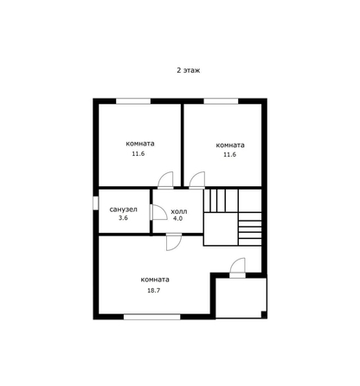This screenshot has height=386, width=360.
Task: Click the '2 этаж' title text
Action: (189, 70)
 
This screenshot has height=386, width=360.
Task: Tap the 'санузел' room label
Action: (123, 209)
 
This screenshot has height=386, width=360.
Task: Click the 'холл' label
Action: (179, 211)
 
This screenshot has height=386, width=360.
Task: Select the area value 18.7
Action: (154, 291)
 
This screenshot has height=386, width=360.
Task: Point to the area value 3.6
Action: (123, 218)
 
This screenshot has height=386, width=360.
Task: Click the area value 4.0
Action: (177, 218)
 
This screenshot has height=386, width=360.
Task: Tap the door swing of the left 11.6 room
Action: (165, 180)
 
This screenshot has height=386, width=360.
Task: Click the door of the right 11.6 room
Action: (197, 180)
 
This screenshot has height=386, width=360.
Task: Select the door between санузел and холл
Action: (158, 212)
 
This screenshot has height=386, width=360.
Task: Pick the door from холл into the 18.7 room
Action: (174, 242)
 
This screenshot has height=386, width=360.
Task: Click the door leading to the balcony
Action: (237, 267)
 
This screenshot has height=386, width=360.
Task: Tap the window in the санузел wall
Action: (96, 203)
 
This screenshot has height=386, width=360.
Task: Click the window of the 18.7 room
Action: (152, 317)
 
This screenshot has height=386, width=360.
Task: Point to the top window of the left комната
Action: (133, 101)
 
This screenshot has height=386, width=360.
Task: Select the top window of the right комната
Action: (221, 101)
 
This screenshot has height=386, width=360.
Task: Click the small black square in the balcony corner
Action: (264, 314)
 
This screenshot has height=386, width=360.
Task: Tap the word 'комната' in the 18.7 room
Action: (155, 280)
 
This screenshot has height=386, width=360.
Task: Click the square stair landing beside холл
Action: (221, 229)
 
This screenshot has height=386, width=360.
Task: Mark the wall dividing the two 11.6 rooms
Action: (183, 145)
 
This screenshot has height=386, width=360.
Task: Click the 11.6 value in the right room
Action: (229, 154)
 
